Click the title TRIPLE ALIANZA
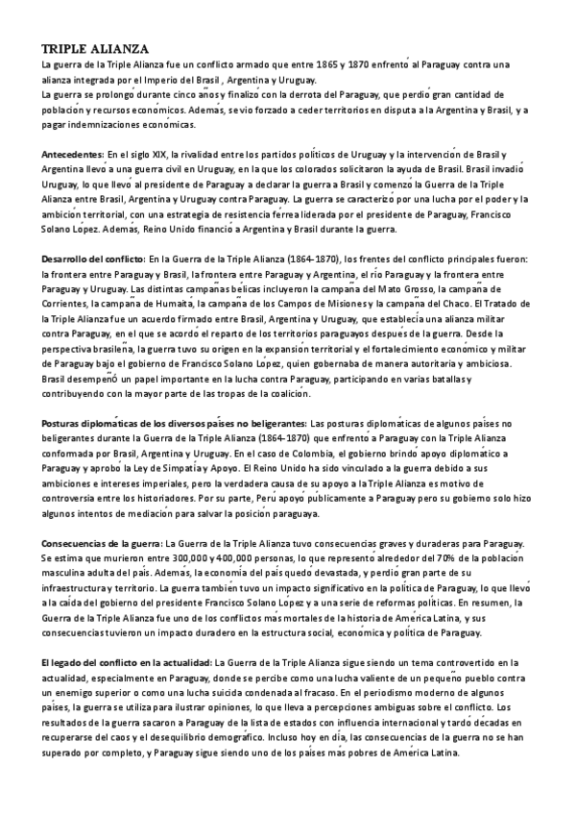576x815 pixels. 94,49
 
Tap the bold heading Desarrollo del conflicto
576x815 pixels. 91,259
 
